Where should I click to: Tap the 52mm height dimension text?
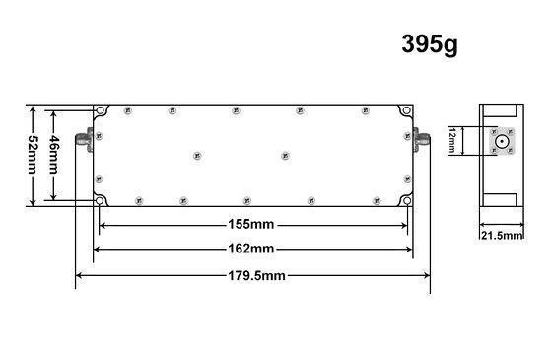33,154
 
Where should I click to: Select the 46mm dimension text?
56,154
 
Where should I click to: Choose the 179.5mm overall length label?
252,275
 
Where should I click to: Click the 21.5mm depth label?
502,236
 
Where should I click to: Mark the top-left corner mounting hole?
101,109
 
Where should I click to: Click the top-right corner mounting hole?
406,109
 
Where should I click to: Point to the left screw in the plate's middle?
197,156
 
